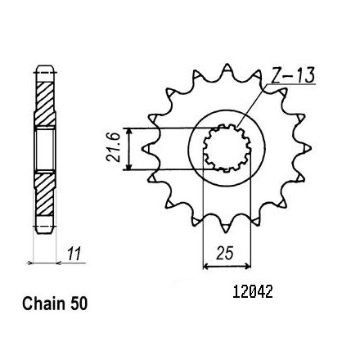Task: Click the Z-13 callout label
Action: pos(293,74)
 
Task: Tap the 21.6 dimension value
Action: pos(114,147)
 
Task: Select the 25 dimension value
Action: pos(225,254)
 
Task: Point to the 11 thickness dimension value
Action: pos(74,254)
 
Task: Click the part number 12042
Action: pos(253,291)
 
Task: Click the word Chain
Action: pos(43,304)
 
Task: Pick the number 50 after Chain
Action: pos(79,304)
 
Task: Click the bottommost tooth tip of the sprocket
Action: pos(226,232)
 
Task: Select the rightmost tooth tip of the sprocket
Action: pos(311,148)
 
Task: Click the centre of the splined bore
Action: pos(227,148)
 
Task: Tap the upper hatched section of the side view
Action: pos(44,104)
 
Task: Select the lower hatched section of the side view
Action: pos(44,194)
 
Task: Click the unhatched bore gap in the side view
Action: pos(44,149)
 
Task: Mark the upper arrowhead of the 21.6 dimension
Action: pos(130,132)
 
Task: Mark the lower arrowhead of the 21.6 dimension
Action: pos(130,166)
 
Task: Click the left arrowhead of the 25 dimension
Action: pos(207,267)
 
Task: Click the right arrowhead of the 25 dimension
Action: pos(246,267)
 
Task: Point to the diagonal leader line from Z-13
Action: pos(252,106)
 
